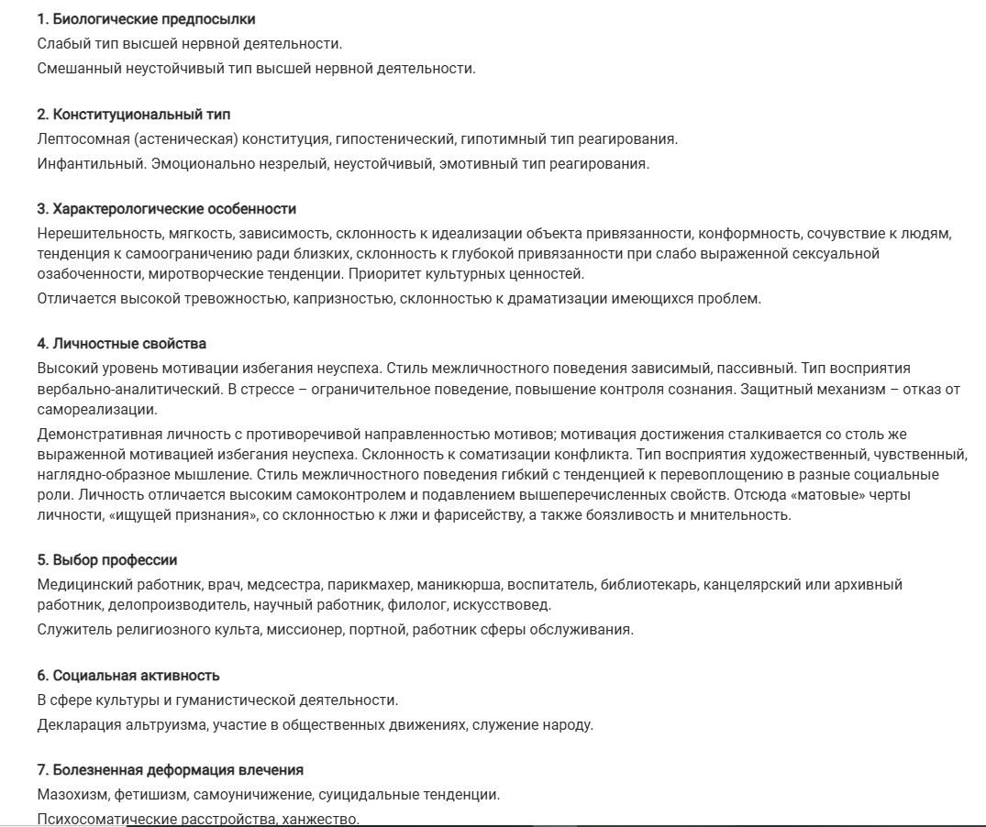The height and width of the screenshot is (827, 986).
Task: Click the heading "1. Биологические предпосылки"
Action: (x=147, y=19)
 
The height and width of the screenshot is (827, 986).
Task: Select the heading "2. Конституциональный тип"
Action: (x=134, y=115)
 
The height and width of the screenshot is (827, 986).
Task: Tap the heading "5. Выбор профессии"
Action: (x=107, y=560)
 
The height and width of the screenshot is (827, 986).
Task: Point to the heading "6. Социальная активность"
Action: (x=128, y=676)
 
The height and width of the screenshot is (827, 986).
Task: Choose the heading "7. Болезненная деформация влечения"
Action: (x=171, y=769)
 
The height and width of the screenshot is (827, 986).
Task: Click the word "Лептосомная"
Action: (x=77, y=139)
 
